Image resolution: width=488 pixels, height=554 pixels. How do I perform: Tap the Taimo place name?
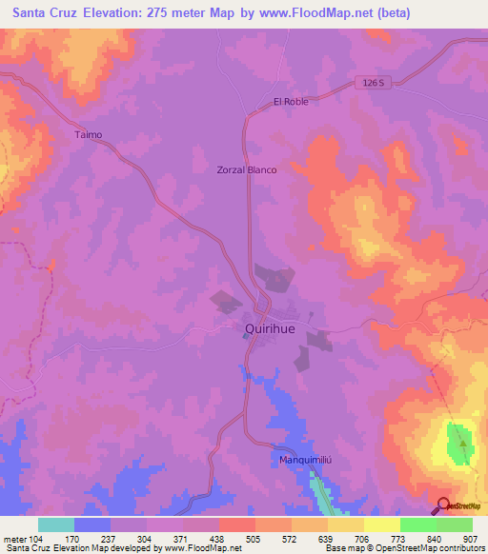pos(88,135)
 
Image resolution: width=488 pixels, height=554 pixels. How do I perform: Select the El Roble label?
pos(291,101)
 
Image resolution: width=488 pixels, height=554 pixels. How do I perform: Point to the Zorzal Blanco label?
pos(248,169)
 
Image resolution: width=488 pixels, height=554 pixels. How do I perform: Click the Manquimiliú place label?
pos(304,461)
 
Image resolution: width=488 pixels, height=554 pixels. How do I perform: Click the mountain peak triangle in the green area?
pos(463,443)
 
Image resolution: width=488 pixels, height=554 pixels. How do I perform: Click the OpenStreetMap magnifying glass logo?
pos(443,504)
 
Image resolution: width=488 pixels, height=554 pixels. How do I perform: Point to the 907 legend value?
pos(472,538)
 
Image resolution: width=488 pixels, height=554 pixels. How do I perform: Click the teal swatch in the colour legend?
pos(55,524)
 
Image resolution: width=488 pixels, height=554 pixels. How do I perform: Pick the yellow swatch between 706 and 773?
pos(381,524)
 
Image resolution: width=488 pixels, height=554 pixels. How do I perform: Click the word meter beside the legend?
pos(14,538)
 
